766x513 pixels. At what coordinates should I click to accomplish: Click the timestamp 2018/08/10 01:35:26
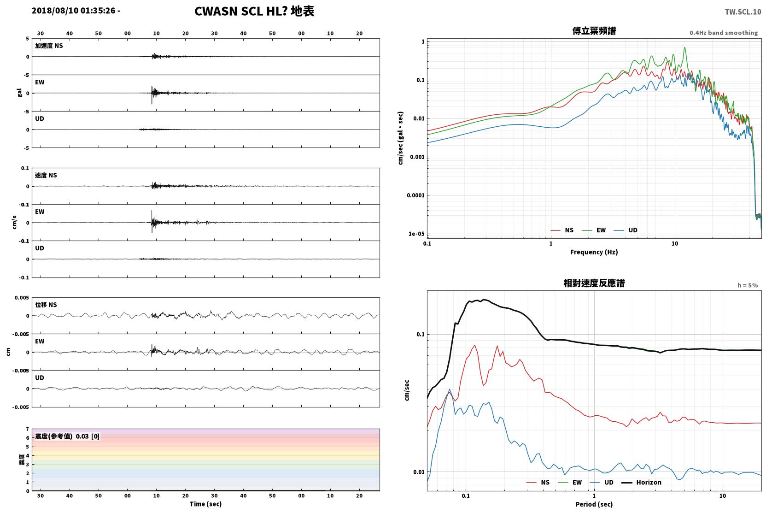coord(74,11)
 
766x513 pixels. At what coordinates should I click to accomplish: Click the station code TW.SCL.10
coord(743,12)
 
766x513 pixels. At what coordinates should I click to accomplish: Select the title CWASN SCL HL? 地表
coord(254,11)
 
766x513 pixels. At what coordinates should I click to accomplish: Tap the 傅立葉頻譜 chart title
coord(594,31)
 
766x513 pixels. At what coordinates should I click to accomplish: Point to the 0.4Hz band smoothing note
coord(724,33)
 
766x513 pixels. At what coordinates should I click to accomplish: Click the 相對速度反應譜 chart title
coord(594,283)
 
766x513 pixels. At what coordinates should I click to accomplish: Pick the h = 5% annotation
coord(748,285)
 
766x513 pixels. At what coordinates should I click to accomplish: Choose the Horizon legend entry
coord(641,482)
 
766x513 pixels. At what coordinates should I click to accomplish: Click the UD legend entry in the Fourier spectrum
coord(626,230)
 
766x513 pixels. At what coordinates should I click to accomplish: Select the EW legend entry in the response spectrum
coord(570,482)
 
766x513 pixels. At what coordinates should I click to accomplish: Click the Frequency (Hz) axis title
coord(594,252)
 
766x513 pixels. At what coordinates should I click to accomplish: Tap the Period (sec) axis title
coord(594,504)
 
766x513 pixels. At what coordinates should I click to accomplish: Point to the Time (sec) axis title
coord(205,504)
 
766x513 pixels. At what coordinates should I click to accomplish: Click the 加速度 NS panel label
coord(49,46)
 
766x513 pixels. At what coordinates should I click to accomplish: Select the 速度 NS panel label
coord(46,175)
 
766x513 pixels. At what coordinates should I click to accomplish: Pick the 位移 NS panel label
coord(46,305)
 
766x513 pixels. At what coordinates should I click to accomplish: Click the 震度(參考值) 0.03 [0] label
coord(67,436)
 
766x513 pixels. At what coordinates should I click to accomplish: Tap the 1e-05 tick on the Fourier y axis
coord(416,234)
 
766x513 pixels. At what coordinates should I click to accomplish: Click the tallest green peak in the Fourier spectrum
coord(684,48)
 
